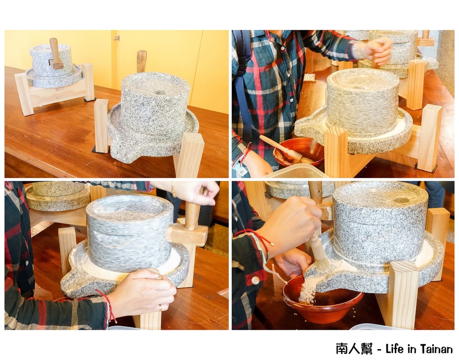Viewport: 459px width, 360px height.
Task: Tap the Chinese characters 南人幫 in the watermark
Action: (355, 349)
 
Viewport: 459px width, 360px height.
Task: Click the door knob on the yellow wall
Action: (117, 38)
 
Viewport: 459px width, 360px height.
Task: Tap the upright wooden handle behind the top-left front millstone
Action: (142, 61)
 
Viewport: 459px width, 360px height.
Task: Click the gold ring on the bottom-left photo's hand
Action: (160, 307)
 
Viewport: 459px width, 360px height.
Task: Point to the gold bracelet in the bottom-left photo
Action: (173, 189)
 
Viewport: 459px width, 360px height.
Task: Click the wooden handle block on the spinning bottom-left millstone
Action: (187, 234)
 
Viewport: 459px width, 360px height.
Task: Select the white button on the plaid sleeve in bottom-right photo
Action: (255, 280)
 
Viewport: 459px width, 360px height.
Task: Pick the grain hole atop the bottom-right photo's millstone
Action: (400, 200)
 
